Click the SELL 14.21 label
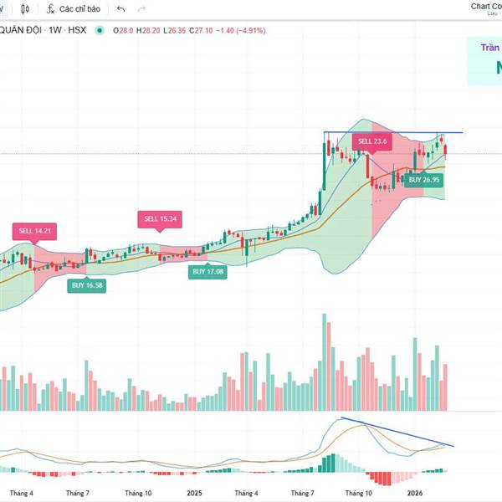(x=34, y=231)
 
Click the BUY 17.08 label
(x=209, y=272)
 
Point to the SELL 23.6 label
(x=372, y=141)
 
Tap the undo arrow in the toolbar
(x=121, y=8)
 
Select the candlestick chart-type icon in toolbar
(x=26, y=8)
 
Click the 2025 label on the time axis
(x=195, y=494)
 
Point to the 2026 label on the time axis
(x=415, y=494)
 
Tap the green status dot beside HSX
(x=100, y=31)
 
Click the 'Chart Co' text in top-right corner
(x=486, y=6)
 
